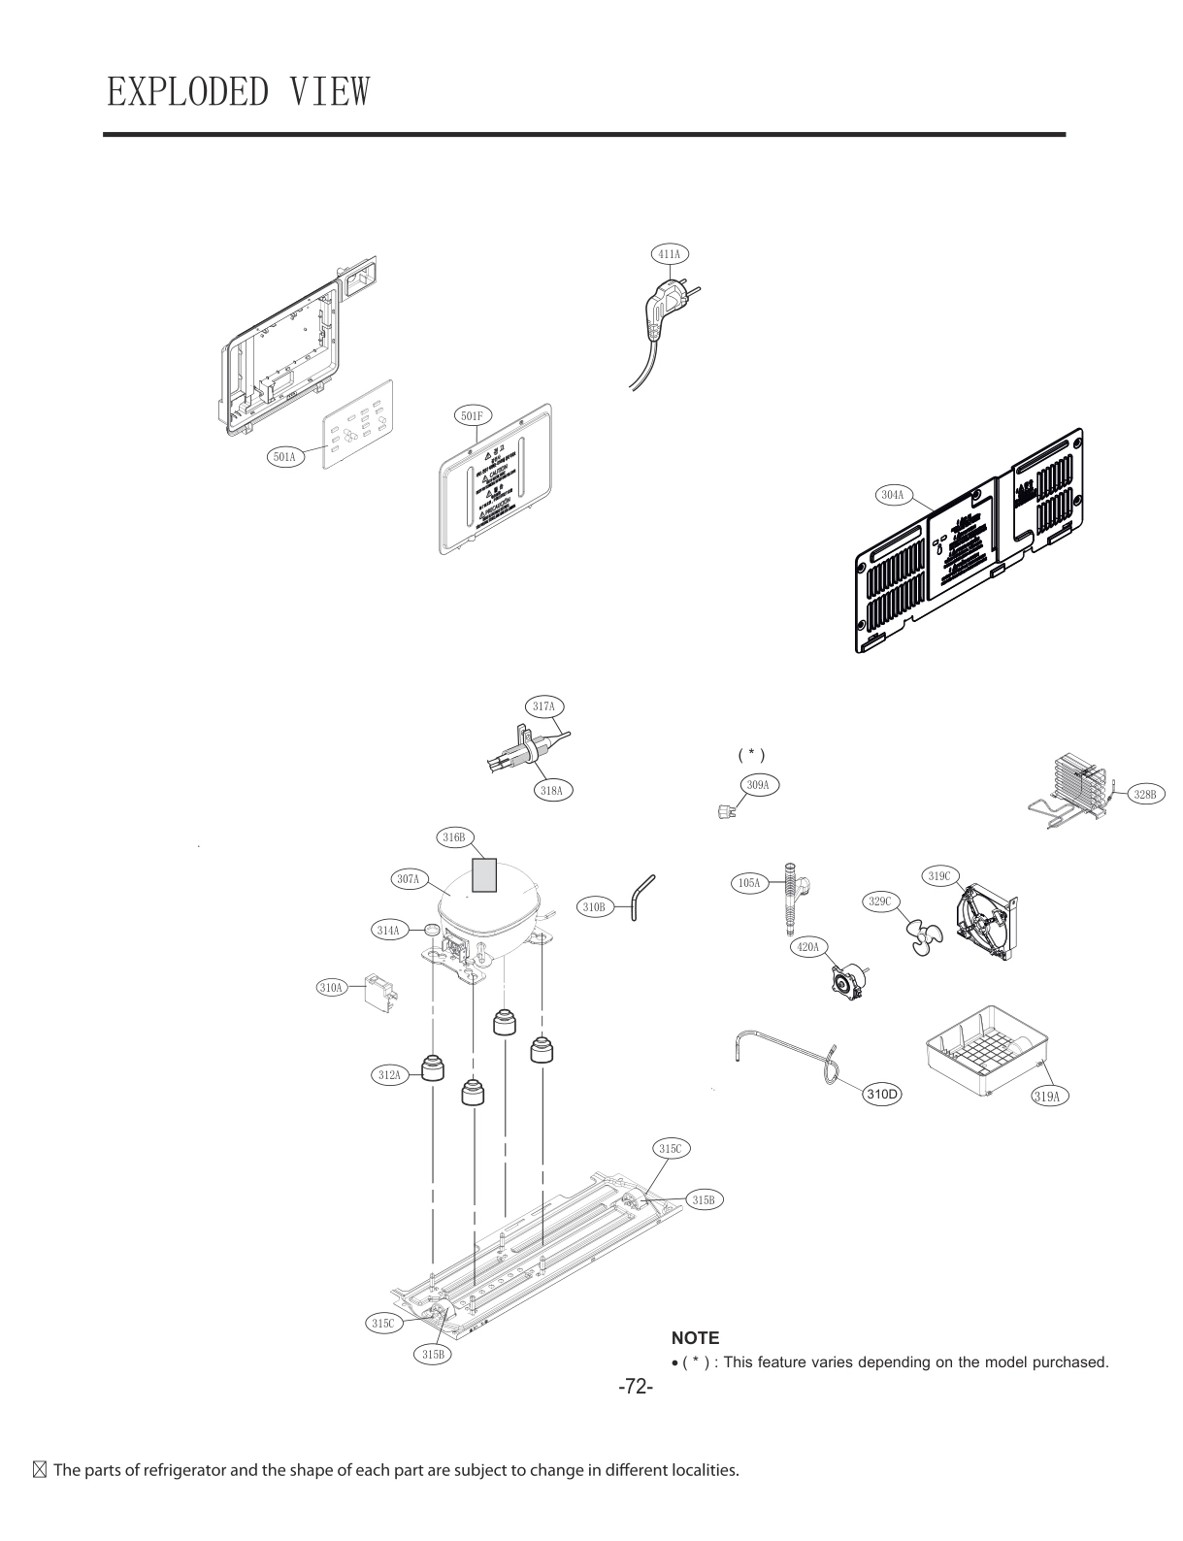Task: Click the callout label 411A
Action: point(669,254)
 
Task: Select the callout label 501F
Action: point(472,416)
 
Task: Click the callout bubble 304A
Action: point(892,495)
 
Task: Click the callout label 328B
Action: point(1144,795)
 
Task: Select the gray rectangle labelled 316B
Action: point(483,874)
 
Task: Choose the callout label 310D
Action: point(881,1095)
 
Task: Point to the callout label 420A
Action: point(807,946)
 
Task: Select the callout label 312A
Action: point(389,1074)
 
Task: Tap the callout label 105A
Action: point(749,883)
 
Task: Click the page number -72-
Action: point(636,1388)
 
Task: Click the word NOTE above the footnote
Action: point(695,1338)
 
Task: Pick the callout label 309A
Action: point(758,784)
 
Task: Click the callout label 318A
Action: point(551,791)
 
